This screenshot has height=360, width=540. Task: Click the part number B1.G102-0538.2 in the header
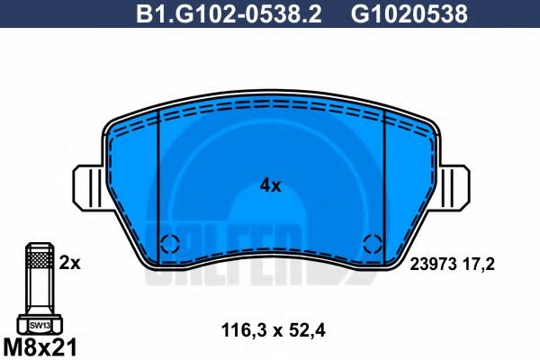click(x=229, y=13)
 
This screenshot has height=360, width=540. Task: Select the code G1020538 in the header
click(x=409, y=13)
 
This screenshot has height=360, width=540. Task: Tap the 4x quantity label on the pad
click(x=270, y=186)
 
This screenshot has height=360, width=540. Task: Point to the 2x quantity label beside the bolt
click(x=69, y=263)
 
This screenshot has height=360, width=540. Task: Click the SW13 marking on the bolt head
click(x=40, y=325)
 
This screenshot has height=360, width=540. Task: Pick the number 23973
click(x=433, y=265)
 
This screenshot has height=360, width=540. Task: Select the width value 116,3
click(x=244, y=331)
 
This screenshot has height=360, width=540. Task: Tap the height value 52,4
click(x=307, y=331)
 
